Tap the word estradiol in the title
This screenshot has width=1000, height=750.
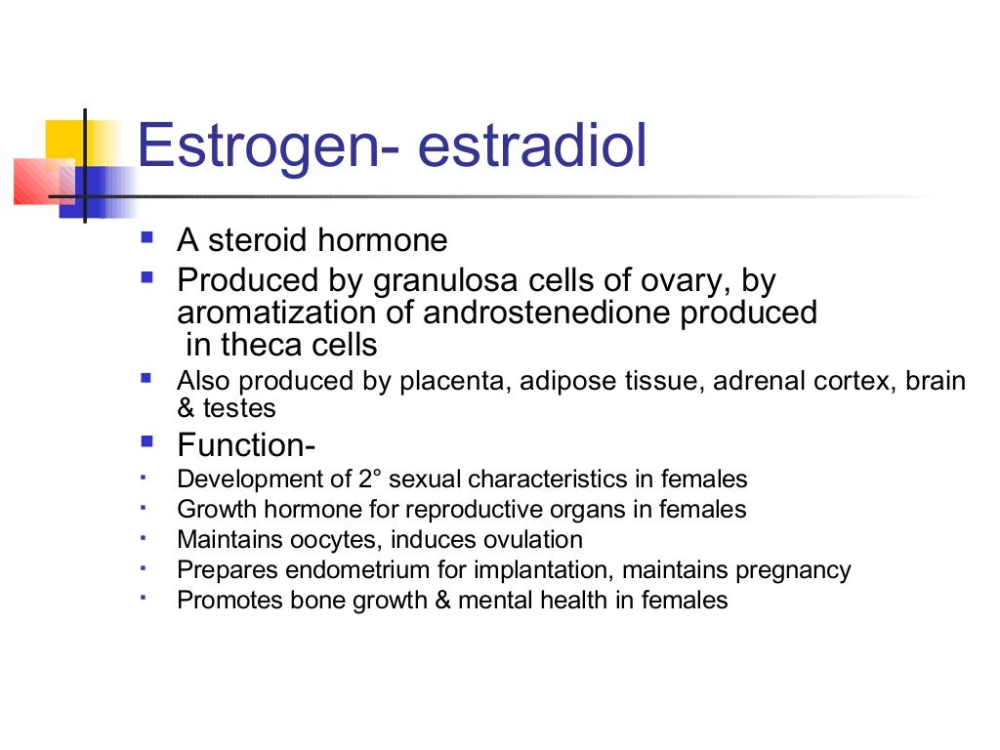click(532, 146)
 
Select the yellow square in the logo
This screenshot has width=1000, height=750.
click(65, 141)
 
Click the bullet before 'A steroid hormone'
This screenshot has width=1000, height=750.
click(146, 237)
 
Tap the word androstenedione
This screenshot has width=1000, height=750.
click(519, 312)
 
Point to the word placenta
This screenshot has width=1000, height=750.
click(443, 382)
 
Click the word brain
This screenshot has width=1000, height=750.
click(936, 382)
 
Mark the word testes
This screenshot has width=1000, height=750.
click(239, 408)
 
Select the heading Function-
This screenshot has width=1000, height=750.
click(246, 446)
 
